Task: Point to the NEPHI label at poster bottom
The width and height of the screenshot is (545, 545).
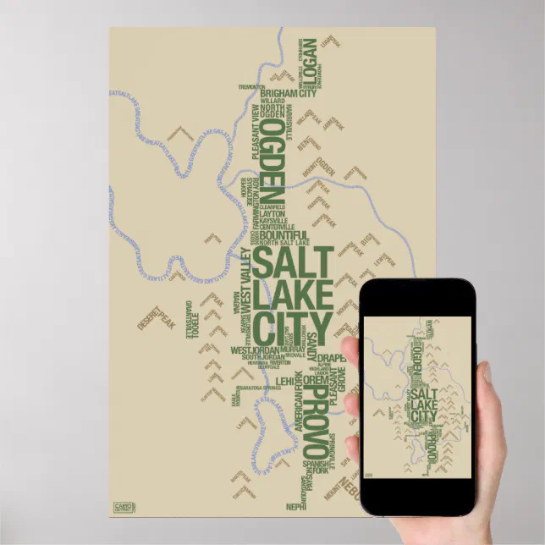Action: pos(296,507)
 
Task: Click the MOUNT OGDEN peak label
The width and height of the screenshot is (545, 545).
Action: pos(325,167)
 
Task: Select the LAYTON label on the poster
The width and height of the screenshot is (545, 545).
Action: pos(272,214)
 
